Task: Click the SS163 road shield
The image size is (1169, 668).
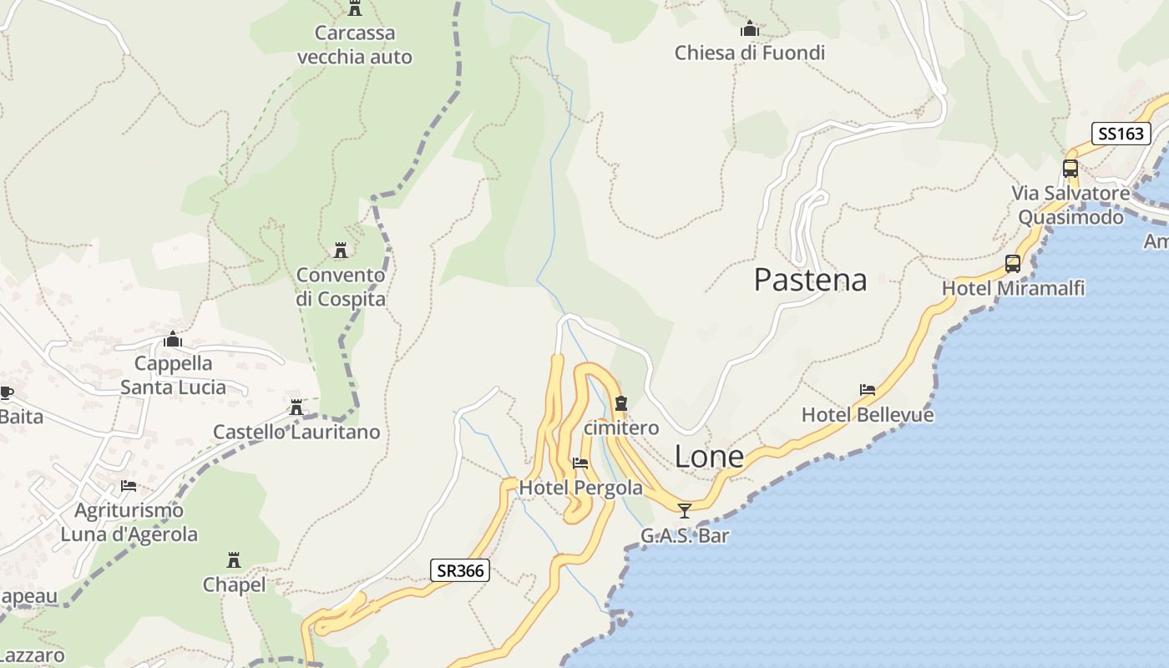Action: tap(1121, 134)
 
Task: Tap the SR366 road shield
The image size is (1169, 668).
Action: tap(460, 571)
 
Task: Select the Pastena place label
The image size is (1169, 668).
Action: tap(810, 280)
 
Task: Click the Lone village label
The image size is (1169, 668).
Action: tap(708, 457)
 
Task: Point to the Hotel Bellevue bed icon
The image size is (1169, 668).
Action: tap(868, 390)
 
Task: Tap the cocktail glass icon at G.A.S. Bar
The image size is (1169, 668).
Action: tap(685, 510)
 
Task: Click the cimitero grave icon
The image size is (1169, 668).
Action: tap(620, 404)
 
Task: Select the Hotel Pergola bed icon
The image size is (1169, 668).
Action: tap(580, 463)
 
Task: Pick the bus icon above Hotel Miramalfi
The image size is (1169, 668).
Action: tap(1013, 264)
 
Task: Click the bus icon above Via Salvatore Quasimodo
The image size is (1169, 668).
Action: tap(1070, 168)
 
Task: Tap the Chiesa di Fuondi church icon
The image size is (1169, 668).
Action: tap(749, 29)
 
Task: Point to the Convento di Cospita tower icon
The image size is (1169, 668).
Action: tap(341, 250)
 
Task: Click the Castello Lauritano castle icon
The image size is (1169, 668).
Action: tap(296, 407)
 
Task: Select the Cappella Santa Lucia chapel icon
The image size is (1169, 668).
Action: tap(173, 339)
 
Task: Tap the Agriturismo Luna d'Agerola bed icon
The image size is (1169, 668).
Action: tap(129, 485)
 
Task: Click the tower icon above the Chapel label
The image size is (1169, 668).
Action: tap(234, 559)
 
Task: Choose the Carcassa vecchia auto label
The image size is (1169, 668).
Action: tap(355, 45)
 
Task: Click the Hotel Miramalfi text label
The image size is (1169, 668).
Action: tap(1013, 289)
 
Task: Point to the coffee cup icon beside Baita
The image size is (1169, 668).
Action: tap(6, 392)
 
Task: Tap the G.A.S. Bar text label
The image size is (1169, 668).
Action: tap(685, 536)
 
